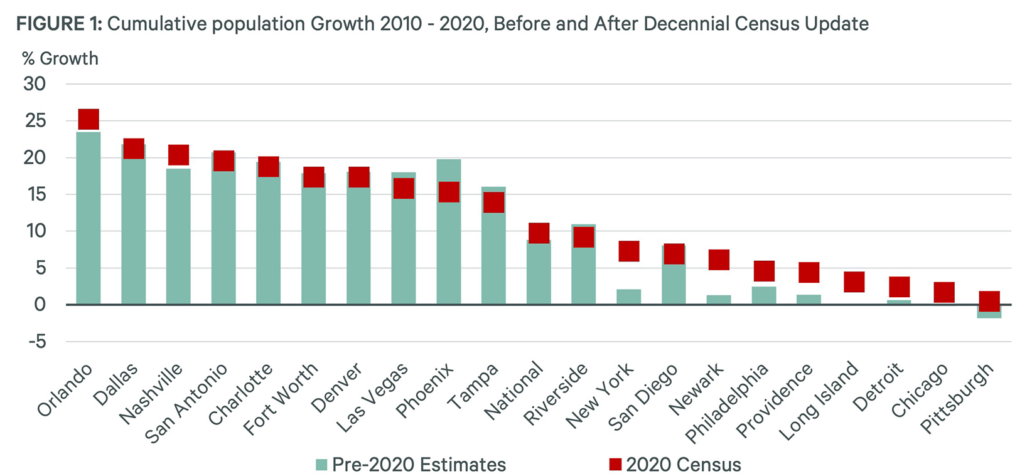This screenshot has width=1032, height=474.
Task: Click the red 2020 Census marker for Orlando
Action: (89, 119)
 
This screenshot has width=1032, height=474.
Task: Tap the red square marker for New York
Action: (629, 251)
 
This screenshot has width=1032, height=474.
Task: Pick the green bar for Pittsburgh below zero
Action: (989, 315)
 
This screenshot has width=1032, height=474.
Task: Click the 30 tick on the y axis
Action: (35, 84)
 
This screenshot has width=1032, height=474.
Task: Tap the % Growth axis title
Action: (60, 59)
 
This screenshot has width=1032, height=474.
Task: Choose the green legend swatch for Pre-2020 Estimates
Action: (321, 465)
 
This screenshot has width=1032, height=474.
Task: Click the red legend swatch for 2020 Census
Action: (615, 465)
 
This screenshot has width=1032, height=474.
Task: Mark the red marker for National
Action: (539, 233)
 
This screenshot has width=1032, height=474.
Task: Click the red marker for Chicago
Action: (944, 292)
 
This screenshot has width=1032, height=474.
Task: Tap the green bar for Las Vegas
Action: (404, 251)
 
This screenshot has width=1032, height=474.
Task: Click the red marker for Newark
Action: (719, 260)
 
